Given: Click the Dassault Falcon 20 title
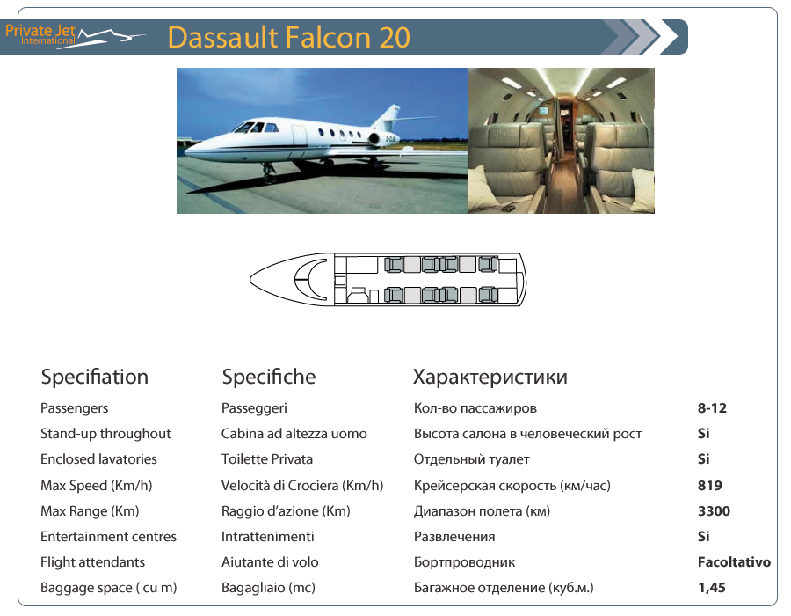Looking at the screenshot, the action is (x=288, y=37).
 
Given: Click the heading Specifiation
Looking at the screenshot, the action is (x=95, y=378).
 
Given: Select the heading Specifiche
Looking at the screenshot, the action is (x=269, y=378).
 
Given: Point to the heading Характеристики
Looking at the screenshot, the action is (x=490, y=378).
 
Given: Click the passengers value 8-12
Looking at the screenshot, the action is (x=712, y=408).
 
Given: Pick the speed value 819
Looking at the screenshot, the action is (x=710, y=485).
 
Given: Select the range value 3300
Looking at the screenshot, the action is (x=714, y=511).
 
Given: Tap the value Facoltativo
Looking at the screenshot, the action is (x=734, y=562).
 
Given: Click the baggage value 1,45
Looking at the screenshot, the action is (x=711, y=588).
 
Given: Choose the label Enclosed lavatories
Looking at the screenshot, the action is (x=98, y=459).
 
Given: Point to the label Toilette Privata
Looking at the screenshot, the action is (x=267, y=459).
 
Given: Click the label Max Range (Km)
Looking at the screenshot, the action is (x=90, y=511).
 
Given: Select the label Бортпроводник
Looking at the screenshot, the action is (x=465, y=562).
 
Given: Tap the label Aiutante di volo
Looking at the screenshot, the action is (x=270, y=562).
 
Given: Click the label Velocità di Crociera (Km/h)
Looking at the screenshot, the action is (x=302, y=485).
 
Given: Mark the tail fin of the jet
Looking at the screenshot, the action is (x=387, y=117).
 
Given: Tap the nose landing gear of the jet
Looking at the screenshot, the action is (x=268, y=173).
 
